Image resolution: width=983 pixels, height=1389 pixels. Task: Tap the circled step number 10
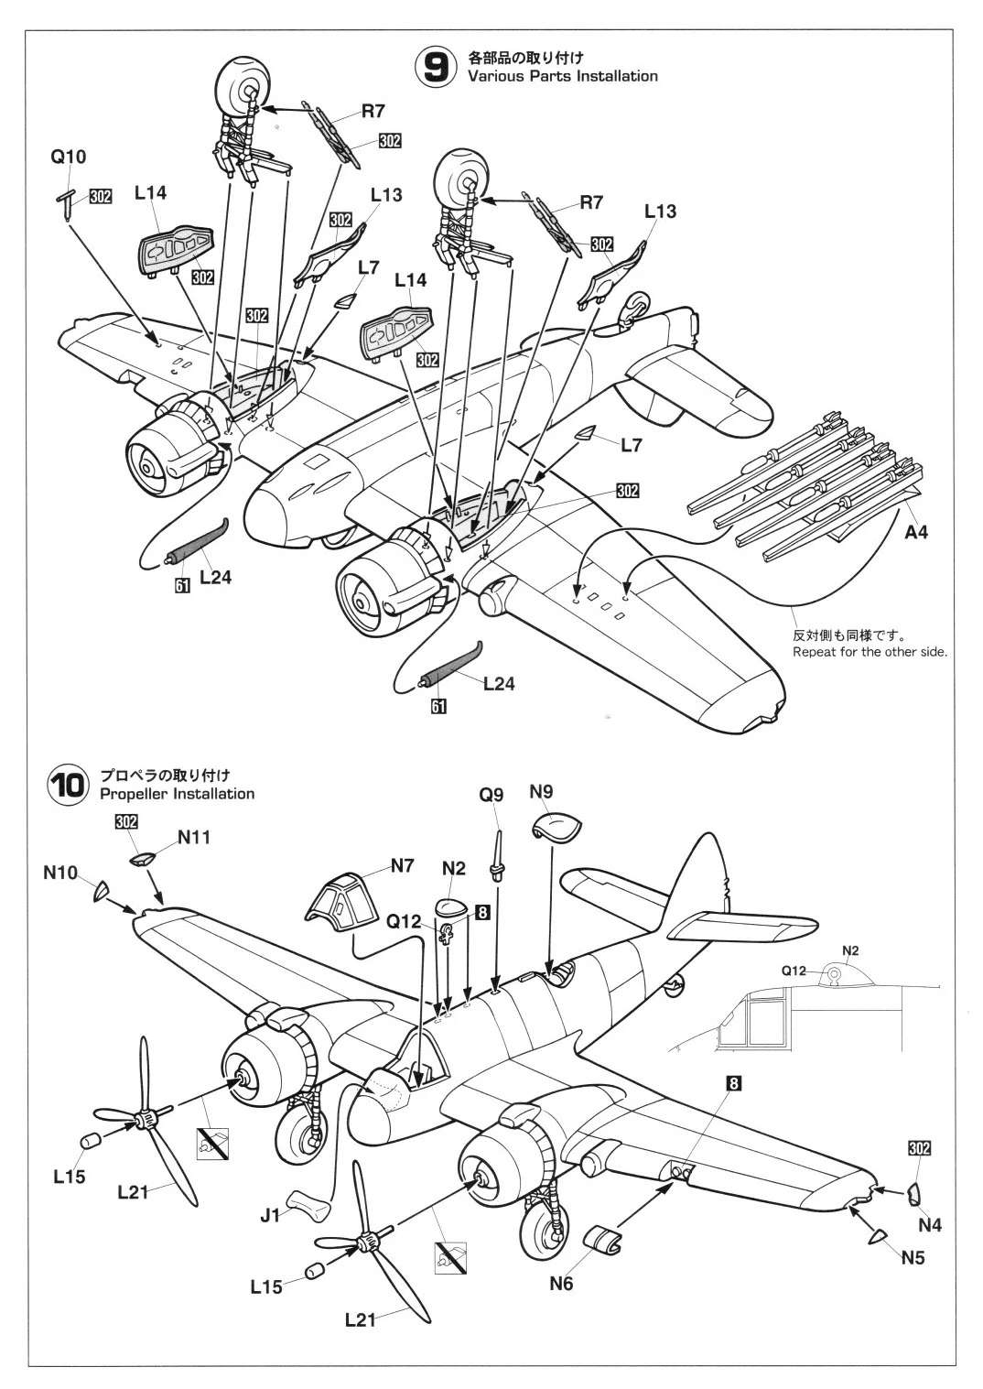(x=67, y=786)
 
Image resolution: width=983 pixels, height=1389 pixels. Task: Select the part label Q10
(x=68, y=157)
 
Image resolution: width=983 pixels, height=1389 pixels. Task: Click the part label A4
(x=915, y=532)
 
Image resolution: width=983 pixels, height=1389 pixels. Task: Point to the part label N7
(x=402, y=864)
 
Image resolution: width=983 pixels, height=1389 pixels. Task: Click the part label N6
(x=561, y=1284)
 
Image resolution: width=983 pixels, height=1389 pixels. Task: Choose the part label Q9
(x=491, y=795)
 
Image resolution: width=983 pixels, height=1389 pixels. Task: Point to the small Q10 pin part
(x=68, y=203)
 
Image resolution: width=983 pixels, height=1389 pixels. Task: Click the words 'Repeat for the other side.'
(x=870, y=652)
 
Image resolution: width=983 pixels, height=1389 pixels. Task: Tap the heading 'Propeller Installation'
(x=178, y=793)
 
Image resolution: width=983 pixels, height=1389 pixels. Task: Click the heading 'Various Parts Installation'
(x=562, y=76)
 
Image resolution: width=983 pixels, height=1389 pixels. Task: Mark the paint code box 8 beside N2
(x=482, y=912)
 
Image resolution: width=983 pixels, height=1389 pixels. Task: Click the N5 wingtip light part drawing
(x=877, y=1236)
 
